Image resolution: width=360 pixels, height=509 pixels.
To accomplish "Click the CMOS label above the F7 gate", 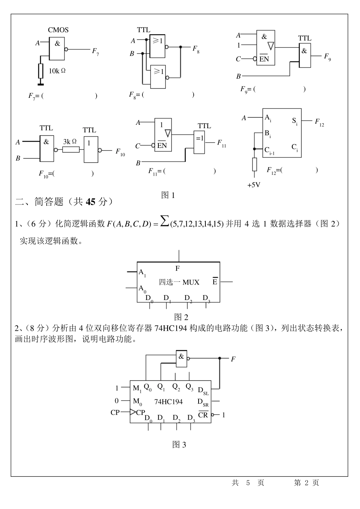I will [58, 30].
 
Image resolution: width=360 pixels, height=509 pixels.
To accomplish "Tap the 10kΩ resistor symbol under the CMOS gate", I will [41, 71].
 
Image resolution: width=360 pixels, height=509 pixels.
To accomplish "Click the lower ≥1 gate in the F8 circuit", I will [158, 77].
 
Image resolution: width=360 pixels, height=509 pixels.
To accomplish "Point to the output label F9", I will [327, 57].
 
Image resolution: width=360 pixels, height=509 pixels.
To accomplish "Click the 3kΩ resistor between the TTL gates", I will [71, 149].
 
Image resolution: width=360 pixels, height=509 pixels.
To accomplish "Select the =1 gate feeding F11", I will [200, 142].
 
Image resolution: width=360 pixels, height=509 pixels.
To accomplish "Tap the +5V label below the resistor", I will [254, 185].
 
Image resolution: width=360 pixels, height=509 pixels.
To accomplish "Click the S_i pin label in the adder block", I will [295, 121].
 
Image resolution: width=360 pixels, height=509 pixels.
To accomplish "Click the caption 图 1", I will [168, 195].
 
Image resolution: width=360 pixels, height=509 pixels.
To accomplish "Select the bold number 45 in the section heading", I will [91, 202].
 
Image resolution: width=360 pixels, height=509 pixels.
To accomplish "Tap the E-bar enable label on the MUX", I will [215, 281].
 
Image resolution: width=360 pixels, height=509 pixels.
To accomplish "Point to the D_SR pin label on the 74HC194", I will [203, 402].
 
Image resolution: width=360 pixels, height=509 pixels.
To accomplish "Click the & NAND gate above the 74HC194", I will [182, 357].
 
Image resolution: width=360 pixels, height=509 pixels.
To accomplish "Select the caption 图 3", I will [179, 445].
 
